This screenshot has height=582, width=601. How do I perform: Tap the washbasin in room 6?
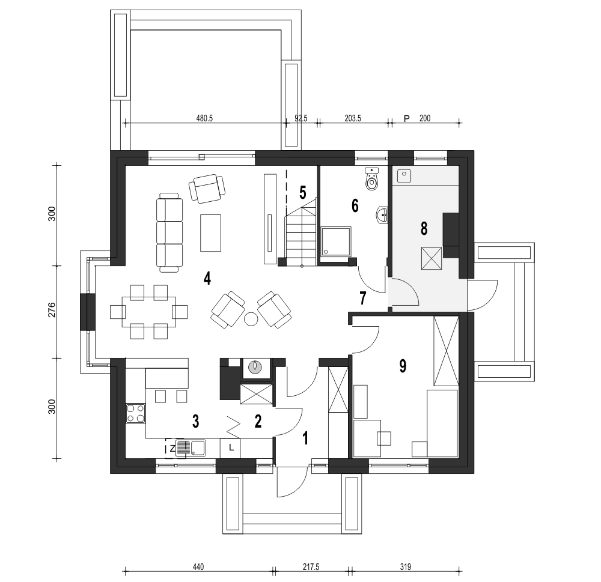382,215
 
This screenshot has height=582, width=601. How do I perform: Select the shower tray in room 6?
336,241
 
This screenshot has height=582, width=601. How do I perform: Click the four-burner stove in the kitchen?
136,413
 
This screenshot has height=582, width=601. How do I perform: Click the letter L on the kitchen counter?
231,447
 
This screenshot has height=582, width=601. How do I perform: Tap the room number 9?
403,366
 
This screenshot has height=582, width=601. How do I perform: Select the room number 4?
207,278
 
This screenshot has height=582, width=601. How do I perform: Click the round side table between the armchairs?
251,319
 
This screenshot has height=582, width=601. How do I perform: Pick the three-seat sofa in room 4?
170,232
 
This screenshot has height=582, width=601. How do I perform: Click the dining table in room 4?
149,312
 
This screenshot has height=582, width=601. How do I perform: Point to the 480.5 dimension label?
204,118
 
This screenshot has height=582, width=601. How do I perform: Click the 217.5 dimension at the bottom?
311,566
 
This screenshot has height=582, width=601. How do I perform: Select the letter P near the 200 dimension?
407,119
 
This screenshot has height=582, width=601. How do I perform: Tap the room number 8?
424,228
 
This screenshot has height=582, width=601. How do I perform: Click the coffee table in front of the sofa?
210,233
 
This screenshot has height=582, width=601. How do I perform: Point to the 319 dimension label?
406,566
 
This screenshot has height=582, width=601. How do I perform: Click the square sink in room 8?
404,176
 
